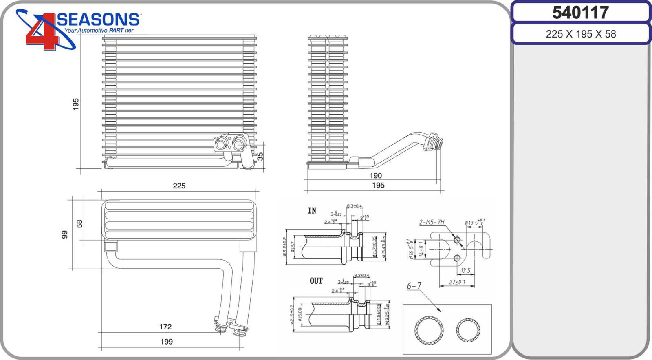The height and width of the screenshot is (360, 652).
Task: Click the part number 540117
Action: (x=580, y=13)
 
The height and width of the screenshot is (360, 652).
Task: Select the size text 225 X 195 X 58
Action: (x=580, y=34)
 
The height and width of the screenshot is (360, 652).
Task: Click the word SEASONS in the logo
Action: (x=99, y=20)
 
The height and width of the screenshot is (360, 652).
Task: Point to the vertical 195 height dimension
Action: (x=75, y=104)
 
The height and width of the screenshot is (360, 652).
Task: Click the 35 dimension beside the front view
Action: (x=260, y=156)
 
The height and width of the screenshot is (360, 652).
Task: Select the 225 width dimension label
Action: (x=179, y=186)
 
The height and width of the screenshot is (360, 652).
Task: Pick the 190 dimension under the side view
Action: (x=375, y=176)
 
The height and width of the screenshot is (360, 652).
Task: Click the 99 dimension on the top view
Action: (x=64, y=234)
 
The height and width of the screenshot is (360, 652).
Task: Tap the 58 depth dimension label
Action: (x=79, y=223)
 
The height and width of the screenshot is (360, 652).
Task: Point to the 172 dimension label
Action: (x=165, y=327)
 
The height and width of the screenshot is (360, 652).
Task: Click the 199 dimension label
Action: (x=166, y=342)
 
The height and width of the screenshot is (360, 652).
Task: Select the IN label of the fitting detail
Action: (x=312, y=211)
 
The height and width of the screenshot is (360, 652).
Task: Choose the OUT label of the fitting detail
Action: (x=316, y=281)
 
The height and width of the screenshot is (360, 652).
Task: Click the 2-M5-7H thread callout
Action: (x=432, y=222)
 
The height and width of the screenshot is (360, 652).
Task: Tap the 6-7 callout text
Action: (x=414, y=286)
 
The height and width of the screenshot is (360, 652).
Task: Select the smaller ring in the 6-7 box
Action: (x=468, y=329)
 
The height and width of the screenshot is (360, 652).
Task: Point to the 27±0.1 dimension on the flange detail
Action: (x=457, y=282)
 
